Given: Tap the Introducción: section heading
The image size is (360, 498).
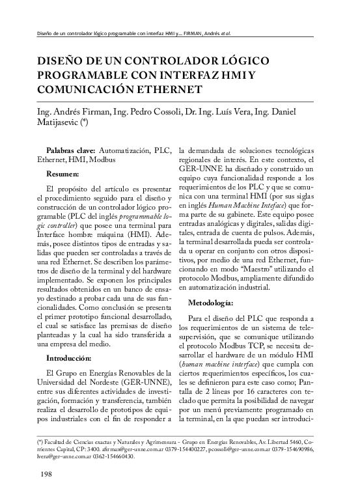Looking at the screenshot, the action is tap(73, 358).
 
